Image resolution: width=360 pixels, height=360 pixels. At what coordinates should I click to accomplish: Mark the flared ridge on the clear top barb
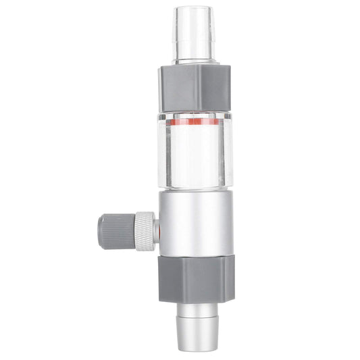pos(192,55)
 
